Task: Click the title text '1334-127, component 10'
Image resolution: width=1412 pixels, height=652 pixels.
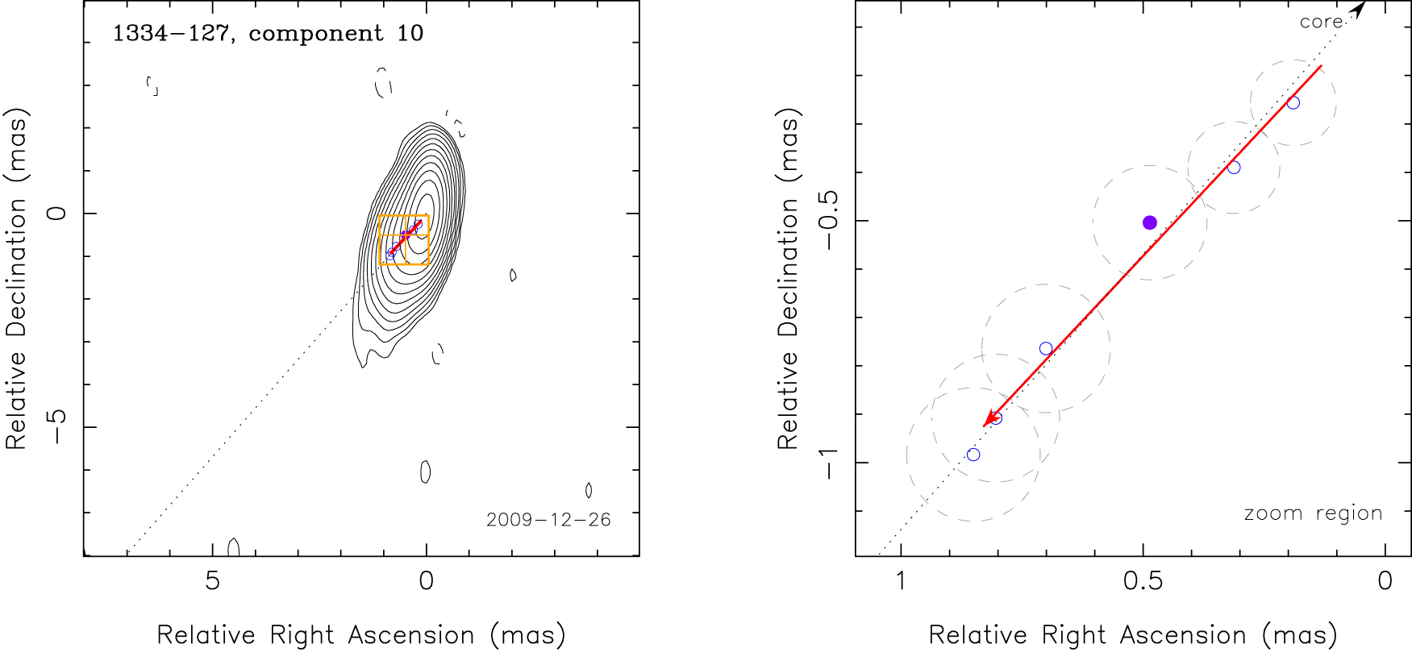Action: pos(268,34)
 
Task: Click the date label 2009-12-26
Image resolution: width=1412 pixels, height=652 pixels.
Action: pos(548,520)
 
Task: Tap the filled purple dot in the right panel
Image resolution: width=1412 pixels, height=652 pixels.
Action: pos(1150,222)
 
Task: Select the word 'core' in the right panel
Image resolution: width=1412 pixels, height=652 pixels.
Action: pos(1321,22)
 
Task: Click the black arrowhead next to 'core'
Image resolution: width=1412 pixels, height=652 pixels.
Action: pos(1360,9)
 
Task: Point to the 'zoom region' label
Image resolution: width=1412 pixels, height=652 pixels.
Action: pos(1313,513)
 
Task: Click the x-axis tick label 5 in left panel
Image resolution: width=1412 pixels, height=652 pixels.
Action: pos(212,581)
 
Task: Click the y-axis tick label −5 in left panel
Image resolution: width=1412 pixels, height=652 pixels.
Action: pos(56,426)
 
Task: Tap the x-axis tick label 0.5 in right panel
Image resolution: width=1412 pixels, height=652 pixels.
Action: pos(1143,581)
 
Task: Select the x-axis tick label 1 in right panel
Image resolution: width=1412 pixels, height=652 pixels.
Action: pos(901,581)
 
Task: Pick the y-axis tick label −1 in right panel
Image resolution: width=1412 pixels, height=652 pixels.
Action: pos(828,463)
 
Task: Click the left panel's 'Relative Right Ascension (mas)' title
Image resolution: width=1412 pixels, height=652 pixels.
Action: pos(360,635)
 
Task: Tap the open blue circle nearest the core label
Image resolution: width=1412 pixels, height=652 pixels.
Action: pos(1293,103)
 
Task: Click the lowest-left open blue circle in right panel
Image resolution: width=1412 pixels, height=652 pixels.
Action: pos(973,455)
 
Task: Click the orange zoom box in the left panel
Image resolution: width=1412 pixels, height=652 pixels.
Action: pos(380,242)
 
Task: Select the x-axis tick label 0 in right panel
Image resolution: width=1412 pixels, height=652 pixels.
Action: pos(1385,581)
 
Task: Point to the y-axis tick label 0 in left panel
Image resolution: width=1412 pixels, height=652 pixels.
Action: pos(56,214)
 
